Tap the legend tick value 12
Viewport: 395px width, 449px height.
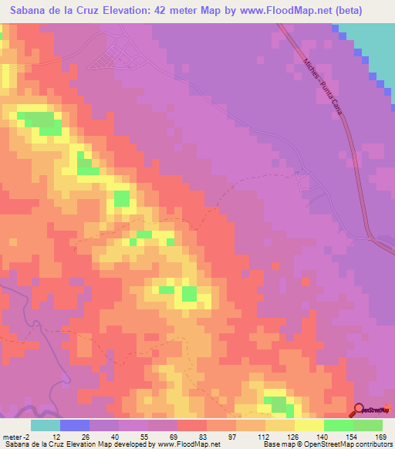coord(57,435)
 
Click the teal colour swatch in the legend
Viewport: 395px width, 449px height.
coord(46,425)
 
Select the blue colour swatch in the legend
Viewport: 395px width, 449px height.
coord(75,425)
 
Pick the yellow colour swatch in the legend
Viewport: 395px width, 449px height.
coord(309,425)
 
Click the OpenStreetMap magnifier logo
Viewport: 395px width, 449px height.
coord(360,410)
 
